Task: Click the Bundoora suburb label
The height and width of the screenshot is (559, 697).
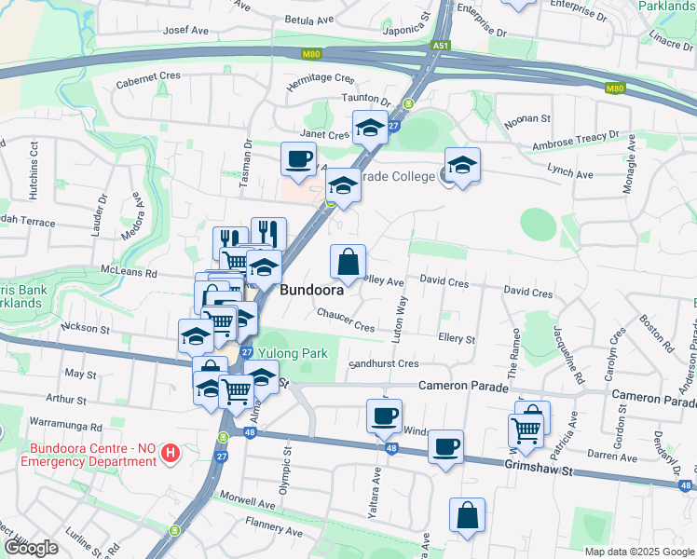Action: point(312,290)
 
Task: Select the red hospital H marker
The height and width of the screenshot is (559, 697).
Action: point(171,454)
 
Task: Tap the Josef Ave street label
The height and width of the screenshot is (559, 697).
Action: point(186,30)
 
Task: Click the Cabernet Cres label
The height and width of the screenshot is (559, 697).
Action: point(147,82)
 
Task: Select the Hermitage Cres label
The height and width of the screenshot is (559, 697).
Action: point(321,81)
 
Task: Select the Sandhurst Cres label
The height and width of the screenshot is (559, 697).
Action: point(384,363)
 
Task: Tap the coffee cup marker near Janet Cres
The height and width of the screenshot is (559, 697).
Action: point(298,158)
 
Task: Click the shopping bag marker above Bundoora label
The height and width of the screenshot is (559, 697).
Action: point(348,262)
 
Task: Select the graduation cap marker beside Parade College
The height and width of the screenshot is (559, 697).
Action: point(462,165)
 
